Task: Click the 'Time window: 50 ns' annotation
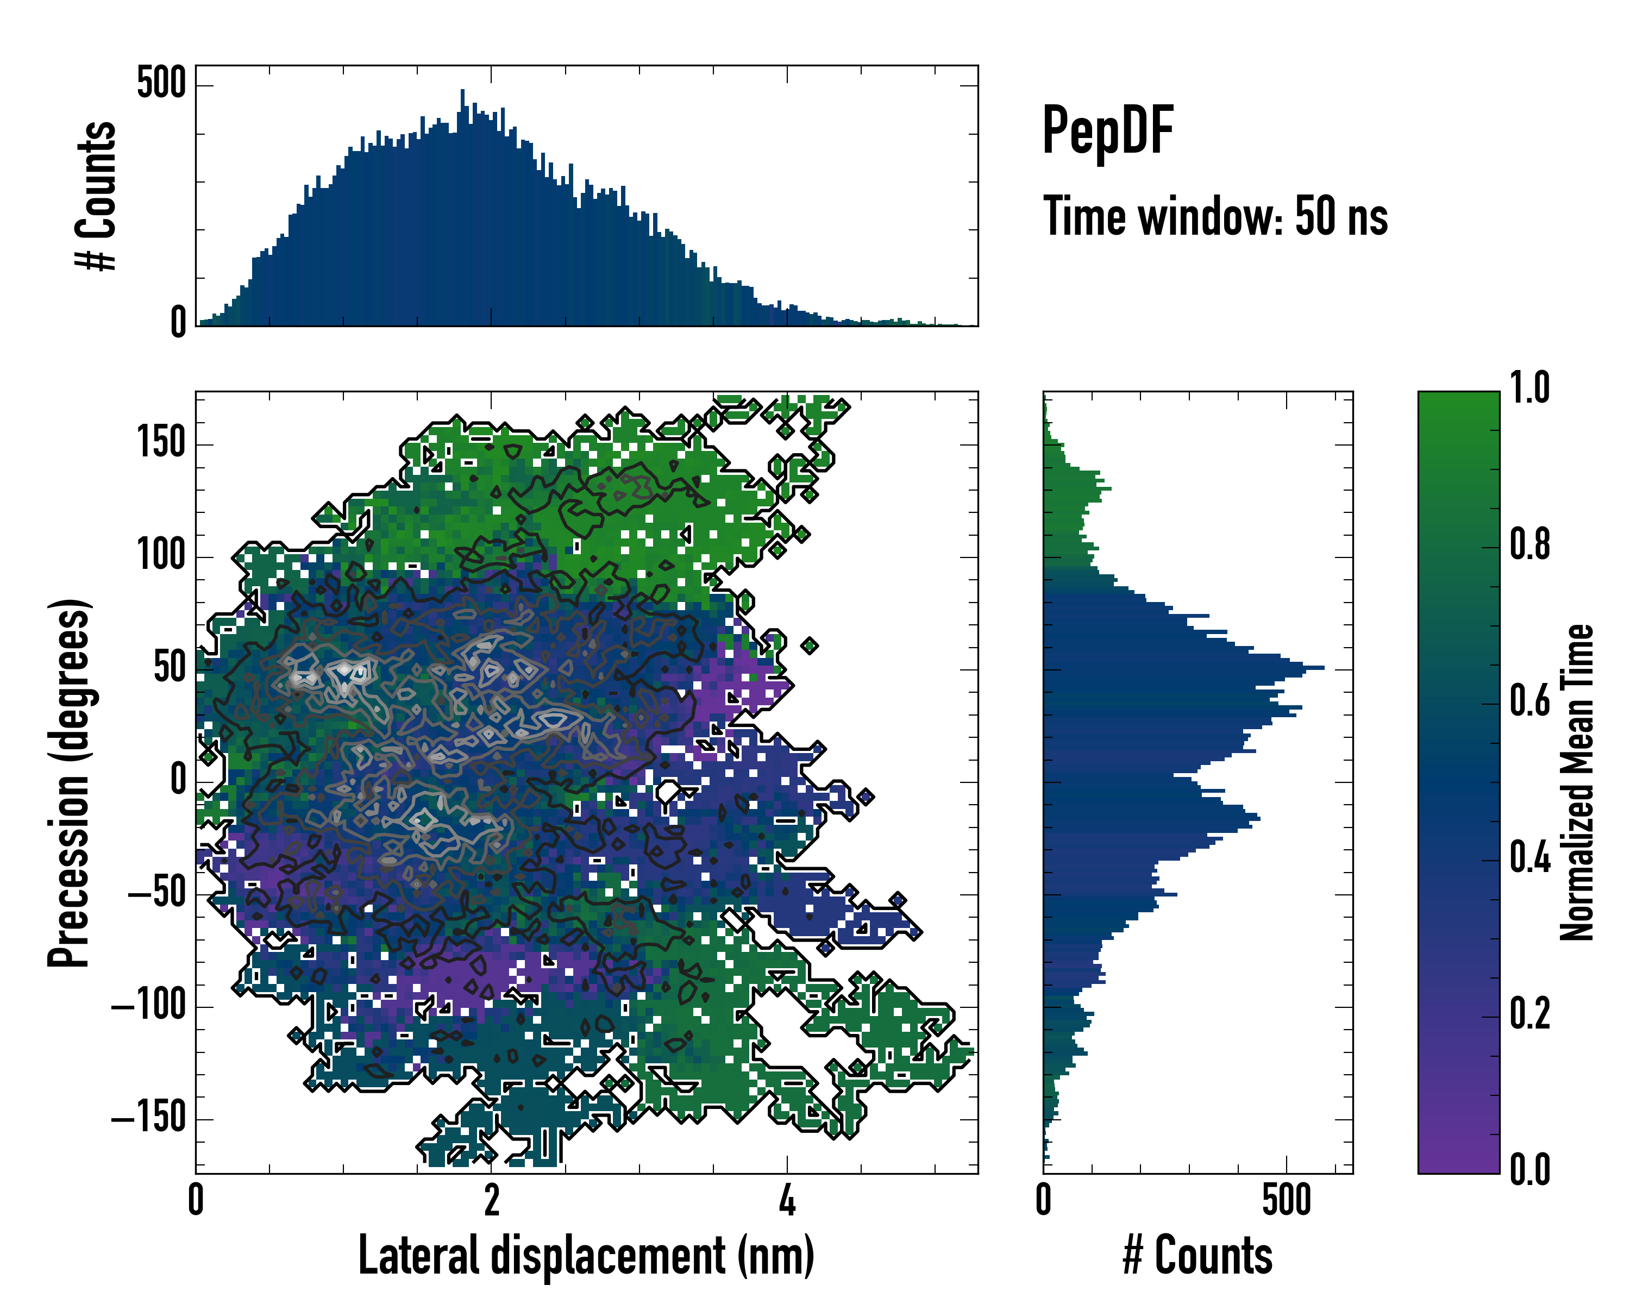pos(1215,216)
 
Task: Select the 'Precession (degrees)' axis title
pos(70,782)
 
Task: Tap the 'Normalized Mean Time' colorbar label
pos(1577,782)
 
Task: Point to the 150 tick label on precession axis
pos(161,443)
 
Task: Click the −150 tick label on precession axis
pos(148,1117)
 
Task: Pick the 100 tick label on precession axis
pos(161,556)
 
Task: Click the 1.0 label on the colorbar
pos(1529,388)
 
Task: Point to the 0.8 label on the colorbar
pos(1529,545)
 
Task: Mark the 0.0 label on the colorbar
pos(1529,1169)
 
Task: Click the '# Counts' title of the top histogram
pos(97,195)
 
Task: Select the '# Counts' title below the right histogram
pos(1198,1255)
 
